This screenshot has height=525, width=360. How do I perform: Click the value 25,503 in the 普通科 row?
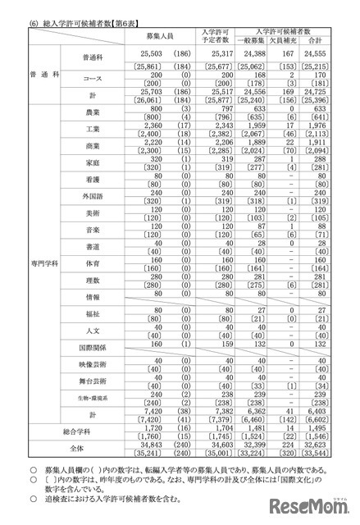pos(149,53)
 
